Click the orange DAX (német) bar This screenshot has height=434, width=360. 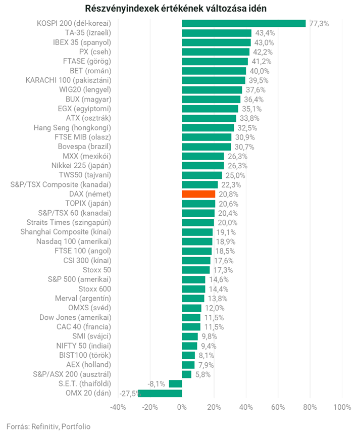click(198, 194)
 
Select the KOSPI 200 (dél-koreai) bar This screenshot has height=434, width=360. click(243, 23)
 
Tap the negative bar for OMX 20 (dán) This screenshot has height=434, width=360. click(160, 393)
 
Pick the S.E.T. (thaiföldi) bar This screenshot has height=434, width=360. click(175, 383)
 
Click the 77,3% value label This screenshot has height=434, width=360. click(319, 23)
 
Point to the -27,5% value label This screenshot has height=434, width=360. click(129, 394)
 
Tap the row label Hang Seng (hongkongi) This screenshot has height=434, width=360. click(72, 127)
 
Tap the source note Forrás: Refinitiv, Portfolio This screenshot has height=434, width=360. click(48, 426)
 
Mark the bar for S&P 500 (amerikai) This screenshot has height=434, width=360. click(193, 279)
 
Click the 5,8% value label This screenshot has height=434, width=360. click(203, 374)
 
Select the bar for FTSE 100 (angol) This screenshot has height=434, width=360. click(196, 251)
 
